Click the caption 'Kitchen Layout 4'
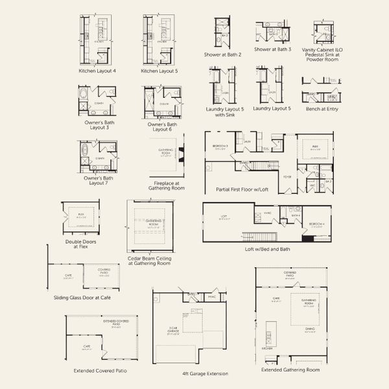pos(97,70)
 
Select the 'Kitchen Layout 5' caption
pos(159,70)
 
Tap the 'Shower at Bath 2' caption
pos(222,55)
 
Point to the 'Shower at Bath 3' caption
pos(273,49)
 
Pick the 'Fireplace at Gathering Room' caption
pos(169,185)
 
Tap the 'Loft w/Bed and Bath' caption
pos(266,249)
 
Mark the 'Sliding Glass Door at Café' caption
pos(82,298)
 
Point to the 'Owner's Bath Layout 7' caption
pos(99,180)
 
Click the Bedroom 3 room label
pos(220,147)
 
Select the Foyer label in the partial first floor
pos(287,176)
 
